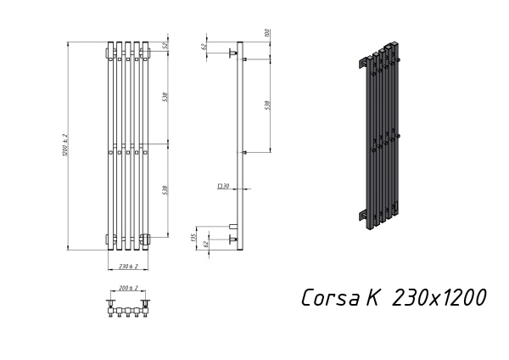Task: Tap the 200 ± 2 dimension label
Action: click(128, 289)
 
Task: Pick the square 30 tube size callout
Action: click(224, 185)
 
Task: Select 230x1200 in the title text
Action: click(439, 297)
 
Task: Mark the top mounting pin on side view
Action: click(232, 53)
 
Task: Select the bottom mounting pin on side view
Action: click(232, 241)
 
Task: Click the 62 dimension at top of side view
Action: click(204, 47)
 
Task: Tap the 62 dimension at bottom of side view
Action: click(204, 244)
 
